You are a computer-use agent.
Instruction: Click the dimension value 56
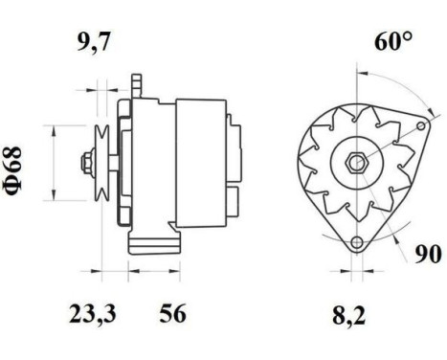173,313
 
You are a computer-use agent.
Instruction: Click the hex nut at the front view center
356,162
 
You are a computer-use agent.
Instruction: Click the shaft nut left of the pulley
84,162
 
